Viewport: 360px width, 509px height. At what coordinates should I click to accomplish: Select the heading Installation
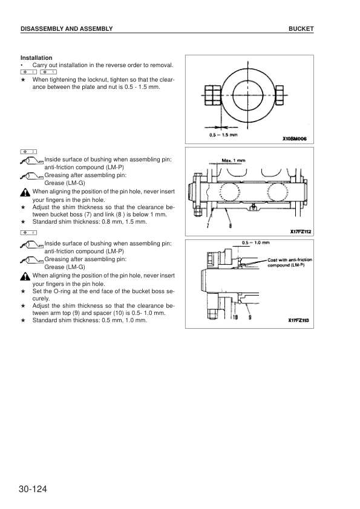[36, 57]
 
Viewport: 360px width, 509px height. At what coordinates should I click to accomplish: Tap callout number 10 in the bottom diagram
[234, 317]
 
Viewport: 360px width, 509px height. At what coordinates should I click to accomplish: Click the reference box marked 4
[28, 233]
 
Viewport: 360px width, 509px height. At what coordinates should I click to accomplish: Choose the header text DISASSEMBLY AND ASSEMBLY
[67, 29]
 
